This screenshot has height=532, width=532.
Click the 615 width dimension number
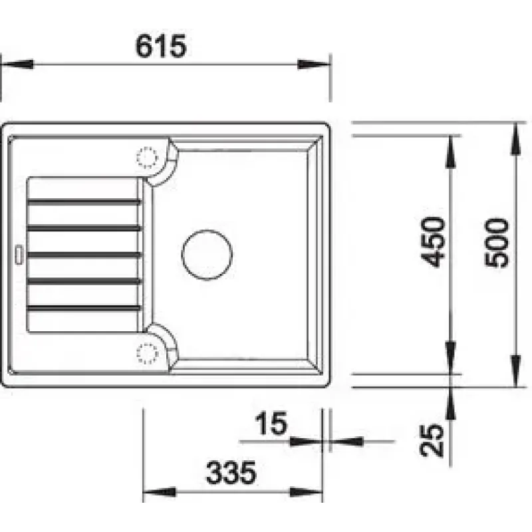point(161,46)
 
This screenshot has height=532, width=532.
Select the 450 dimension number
point(432,242)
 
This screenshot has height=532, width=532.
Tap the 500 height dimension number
point(497,243)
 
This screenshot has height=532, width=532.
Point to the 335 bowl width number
point(231,473)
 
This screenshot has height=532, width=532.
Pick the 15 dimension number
point(271,423)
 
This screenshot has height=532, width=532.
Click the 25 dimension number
point(432,440)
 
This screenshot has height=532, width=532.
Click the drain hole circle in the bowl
point(207,255)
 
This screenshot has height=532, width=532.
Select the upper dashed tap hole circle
point(148,158)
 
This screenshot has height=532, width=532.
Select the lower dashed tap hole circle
point(148,353)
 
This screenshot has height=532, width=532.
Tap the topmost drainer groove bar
point(84,203)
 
